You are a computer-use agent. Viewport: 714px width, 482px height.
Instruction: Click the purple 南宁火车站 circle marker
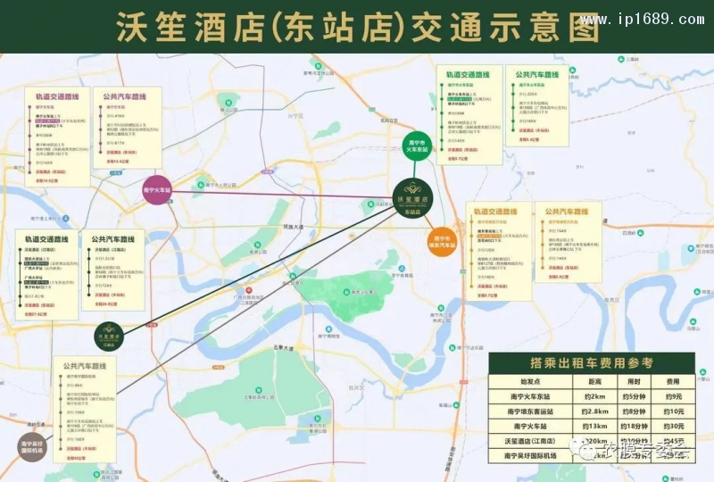point(157,189)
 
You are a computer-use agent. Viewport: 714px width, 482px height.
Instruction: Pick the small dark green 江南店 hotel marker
point(111,337)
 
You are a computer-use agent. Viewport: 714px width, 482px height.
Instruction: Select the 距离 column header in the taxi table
point(594,380)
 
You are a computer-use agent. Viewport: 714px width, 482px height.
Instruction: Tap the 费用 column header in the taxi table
point(675,380)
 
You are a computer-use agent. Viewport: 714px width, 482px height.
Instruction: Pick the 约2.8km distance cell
point(594,411)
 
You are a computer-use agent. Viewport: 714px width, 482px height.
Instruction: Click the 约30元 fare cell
point(675,426)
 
